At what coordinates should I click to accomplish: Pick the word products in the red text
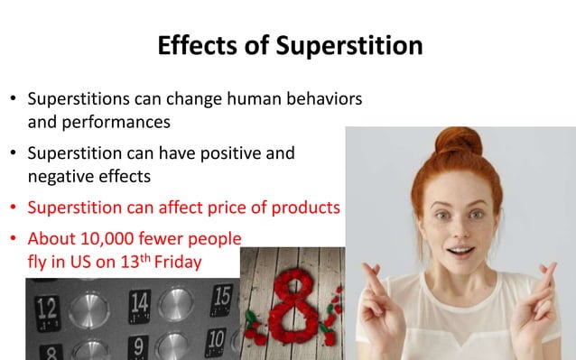[x=303, y=208]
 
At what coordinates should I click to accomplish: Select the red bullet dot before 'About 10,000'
[x=13, y=240]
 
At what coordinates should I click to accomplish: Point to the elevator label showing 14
[x=139, y=302]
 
